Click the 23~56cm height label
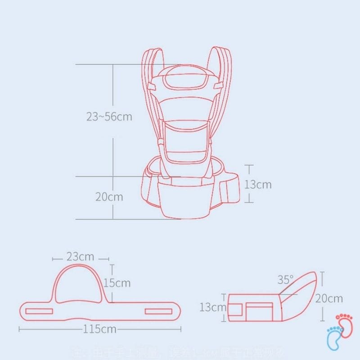(x=109, y=117)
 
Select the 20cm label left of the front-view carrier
(x=109, y=197)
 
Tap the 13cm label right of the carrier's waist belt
(x=258, y=184)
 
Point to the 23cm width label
(x=80, y=257)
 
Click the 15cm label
(x=117, y=283)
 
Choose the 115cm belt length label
(x=99, y=329)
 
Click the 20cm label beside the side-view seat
(x=328, y=298)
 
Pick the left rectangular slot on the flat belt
(x=39, y=311)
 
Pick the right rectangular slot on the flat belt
(x=158, y=311)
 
